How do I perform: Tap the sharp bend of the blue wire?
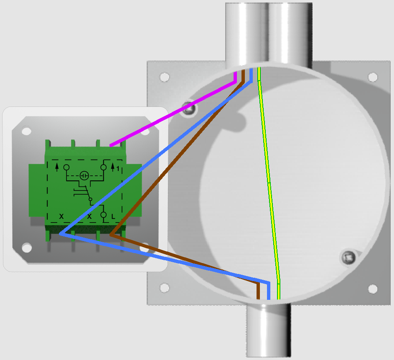click(x=61, y=233)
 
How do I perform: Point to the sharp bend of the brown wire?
click(x=111, y=235)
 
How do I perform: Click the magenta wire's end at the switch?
click(x=111, y=145)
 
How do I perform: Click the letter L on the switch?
click(x=113, y=216)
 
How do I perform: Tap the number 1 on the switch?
click(x=118, y=169)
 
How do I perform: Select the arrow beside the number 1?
click(x=112, y=167)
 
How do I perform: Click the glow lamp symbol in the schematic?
click(x=84, y=175)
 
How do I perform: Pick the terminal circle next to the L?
click(x=104, y=215)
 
